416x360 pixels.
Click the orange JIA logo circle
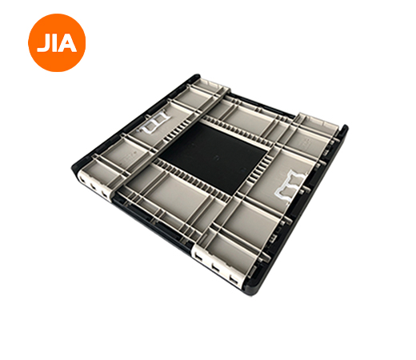pyautogui.click(x=57, y=42)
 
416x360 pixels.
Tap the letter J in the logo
pyautogui.click(x=42, y=44)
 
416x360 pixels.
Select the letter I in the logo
pyautogui.click(x=53, y=43)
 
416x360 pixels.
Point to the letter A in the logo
pyautogui.click(x=66, y=43)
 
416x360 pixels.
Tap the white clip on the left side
pyautogui.click(x=154, y=123)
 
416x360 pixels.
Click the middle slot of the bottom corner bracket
pyautogui.click(x=216, y=266)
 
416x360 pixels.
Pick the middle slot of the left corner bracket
pyautogui.click(x=94, y=186)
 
